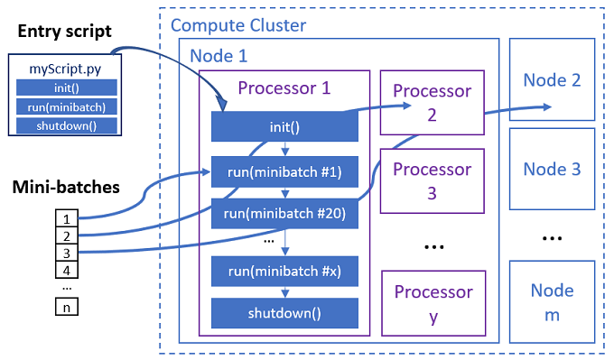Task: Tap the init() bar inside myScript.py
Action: (x=67, y=88)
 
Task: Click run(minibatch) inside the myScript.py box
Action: (x=67, y=106)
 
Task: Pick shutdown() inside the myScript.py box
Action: (x=67, y=125)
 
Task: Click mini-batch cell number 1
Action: (x=65, y=217)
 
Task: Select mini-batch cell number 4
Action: (x=65, y=270)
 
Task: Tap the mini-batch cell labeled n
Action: (x=65, y=307)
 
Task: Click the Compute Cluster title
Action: (x=238, y=24)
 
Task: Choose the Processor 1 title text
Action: (x=284, y=88)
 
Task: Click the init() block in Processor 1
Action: (x=284, y=127)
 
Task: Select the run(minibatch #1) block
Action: (x=284, y=170)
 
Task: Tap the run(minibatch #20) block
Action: (x=284, y=213)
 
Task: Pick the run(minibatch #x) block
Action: (x=284, y=271)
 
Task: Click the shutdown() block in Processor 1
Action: (x=284, y=313)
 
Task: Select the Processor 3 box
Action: (x=432, y=180)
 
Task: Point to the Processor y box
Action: (x=432, y=303)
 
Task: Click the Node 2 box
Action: (x=552, y=79)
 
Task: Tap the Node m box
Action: (x=552, y=301)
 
